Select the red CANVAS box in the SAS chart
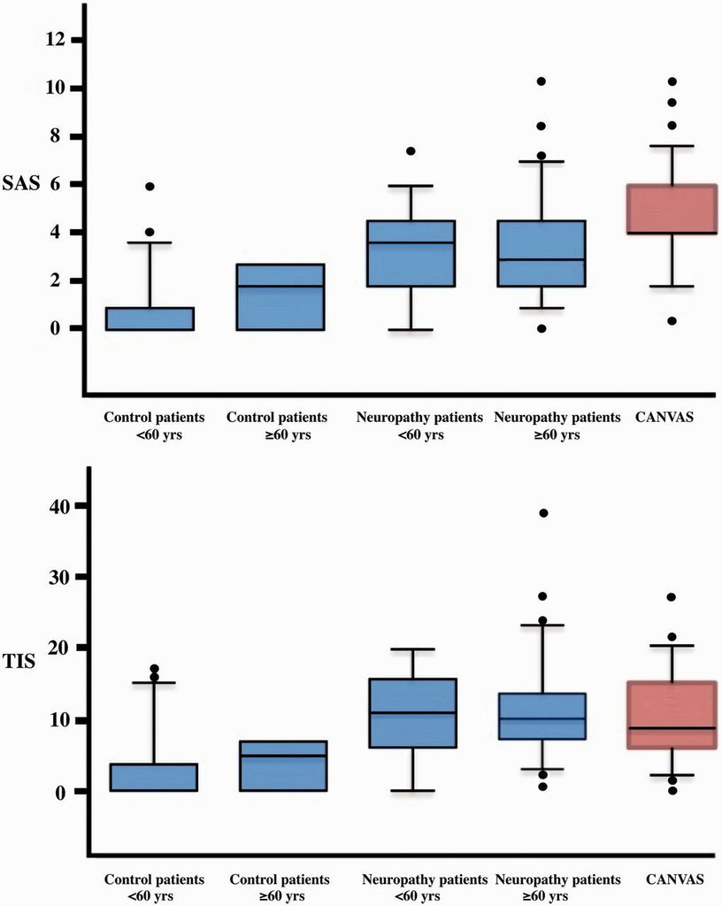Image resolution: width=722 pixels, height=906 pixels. (672, 209)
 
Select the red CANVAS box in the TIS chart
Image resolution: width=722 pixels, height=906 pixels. (672, 715)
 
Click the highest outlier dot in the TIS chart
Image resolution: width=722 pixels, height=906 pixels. (543, 513)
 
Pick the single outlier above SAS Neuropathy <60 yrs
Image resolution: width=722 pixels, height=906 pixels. (411, 151)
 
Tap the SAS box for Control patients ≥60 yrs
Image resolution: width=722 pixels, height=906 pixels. (281, 297)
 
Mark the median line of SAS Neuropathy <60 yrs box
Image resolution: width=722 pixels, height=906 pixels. (411, 242)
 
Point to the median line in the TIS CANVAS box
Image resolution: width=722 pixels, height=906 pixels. (672, 728)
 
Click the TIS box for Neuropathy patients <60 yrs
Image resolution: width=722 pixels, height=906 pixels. (411, 713)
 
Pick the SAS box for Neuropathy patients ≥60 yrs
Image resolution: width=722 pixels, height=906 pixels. (543, 253)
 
